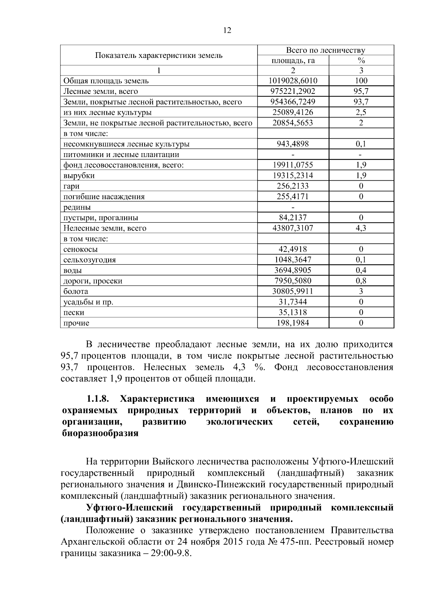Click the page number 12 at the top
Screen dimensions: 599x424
[227, 31]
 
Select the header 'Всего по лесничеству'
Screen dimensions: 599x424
[325, 50]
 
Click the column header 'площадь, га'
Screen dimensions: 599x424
[293, 60]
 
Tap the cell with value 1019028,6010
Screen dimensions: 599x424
[293, 81]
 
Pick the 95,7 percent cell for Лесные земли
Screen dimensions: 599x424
[361, 91]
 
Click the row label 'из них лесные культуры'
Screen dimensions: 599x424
[107, 113]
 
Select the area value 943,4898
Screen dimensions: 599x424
[293, 144]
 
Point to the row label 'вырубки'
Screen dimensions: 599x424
[79, 176]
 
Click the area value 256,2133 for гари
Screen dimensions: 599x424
[293, 186]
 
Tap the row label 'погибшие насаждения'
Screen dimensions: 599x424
[104, 197]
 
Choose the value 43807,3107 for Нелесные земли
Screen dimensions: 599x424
[293, 228]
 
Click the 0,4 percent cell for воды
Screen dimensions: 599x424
[361, 270]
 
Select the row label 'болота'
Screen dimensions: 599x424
[76, 292]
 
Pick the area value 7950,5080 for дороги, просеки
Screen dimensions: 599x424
[293, 281]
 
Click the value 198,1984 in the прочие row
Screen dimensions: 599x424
[293, 323]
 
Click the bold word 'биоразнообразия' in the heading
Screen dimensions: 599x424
[100, 433]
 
